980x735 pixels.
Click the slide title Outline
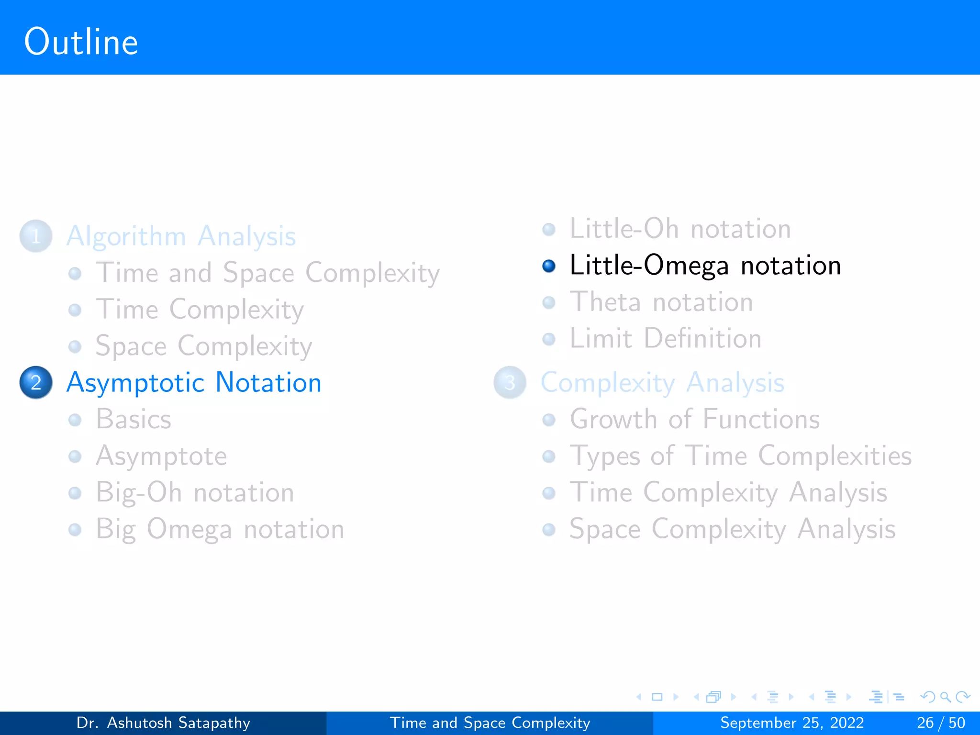pos(81,42)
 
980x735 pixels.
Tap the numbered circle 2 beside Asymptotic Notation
pos(36,382)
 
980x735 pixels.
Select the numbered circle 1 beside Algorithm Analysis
pos(36,236)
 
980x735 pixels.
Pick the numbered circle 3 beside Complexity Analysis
pos(510,382)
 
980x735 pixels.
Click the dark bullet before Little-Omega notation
pos(549,266)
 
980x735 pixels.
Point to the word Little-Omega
pos(649,266)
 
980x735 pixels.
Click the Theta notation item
pos(661,302)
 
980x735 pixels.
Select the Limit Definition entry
pos(665,339)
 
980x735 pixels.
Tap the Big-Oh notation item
pos(195,492)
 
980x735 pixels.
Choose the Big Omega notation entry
pos(220,529)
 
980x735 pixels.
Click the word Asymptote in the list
pos(161,456)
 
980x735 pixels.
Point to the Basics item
pos(134,419)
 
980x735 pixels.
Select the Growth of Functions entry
pos(694,419)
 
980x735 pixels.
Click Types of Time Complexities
pos(740,456)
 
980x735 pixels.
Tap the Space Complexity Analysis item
pos(732,529)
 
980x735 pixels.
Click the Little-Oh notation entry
pos(680,229)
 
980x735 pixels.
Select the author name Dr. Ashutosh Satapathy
pos(163,723)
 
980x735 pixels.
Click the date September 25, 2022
pos(792,723)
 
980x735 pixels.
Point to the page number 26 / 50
pos(941,723)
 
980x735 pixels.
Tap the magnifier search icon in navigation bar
pos(945,697)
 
